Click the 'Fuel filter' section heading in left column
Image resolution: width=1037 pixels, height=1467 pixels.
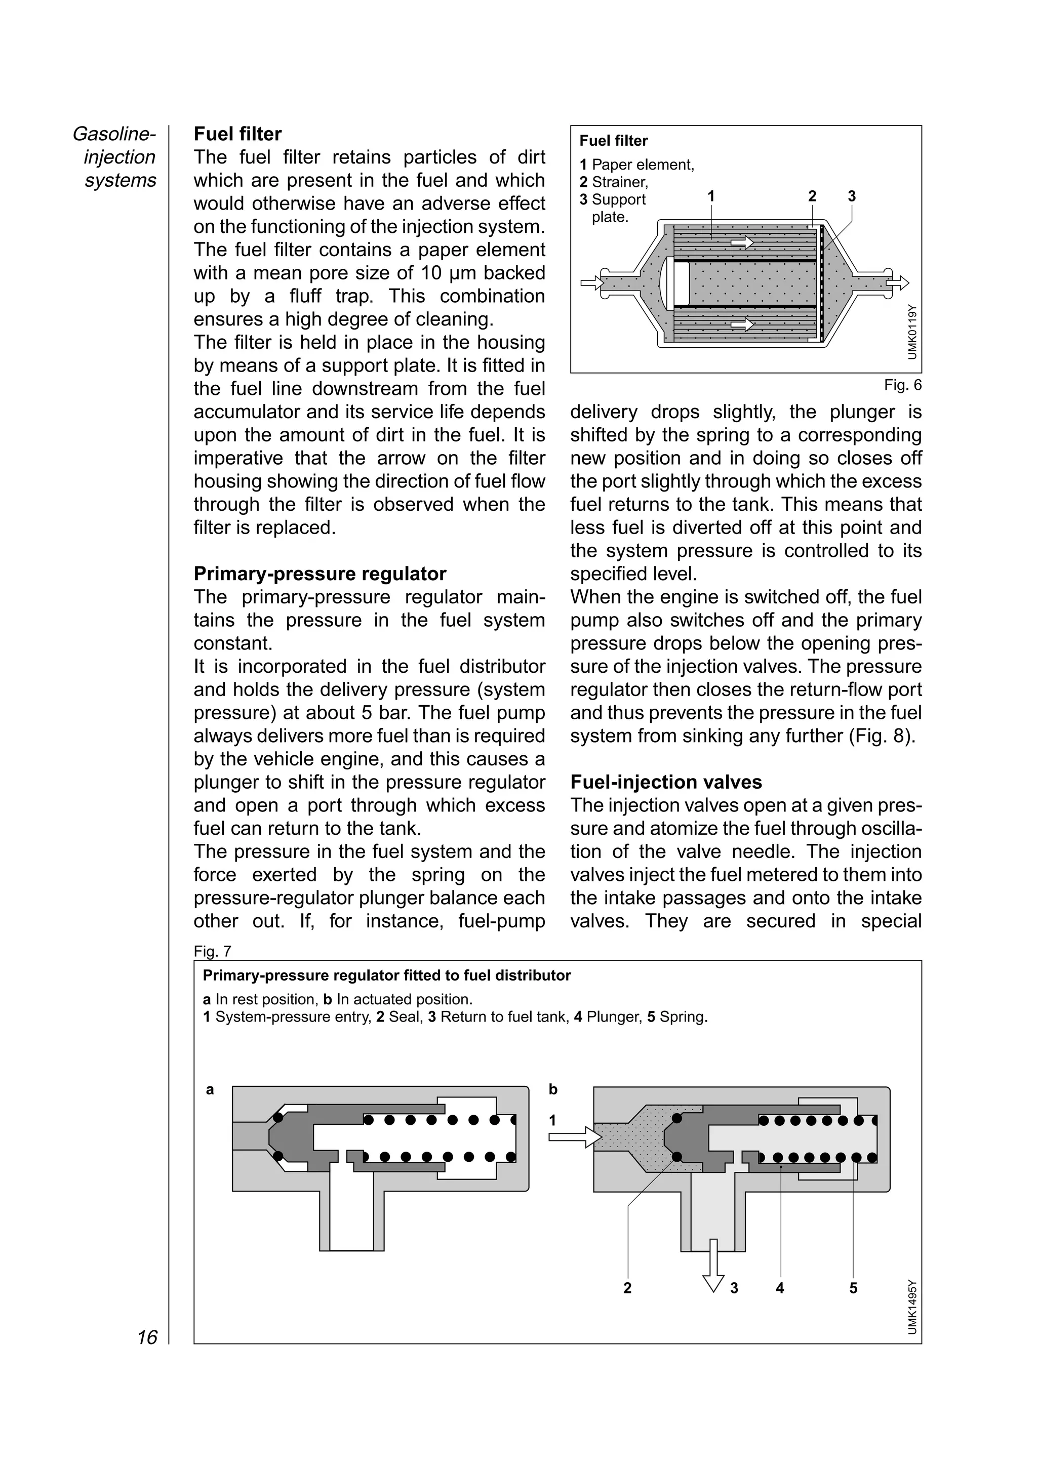coord(237,134)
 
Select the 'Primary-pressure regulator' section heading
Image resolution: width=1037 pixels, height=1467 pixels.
coord(320,574)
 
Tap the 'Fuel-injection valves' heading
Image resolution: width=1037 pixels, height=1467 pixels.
coord(666,782)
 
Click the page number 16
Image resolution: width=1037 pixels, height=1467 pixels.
coord(147,1337)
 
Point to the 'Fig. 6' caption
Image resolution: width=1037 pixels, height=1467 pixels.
coord(902,385)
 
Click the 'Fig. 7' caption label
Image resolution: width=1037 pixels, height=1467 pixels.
coord(212,951)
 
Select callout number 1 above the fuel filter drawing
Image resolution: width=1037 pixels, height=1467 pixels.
coord(710,196)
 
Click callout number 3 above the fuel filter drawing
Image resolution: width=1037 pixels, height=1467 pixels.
coord(851,196)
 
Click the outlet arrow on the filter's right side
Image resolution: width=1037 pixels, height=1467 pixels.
coord(897,282)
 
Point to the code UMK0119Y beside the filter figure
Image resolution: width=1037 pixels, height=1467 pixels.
coord(912,332)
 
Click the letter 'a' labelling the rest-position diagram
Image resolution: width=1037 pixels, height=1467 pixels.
coord(210,1090)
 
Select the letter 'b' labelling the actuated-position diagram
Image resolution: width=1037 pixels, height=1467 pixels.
coord(553,1090)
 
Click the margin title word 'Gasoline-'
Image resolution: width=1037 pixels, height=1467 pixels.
coord(114,134)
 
